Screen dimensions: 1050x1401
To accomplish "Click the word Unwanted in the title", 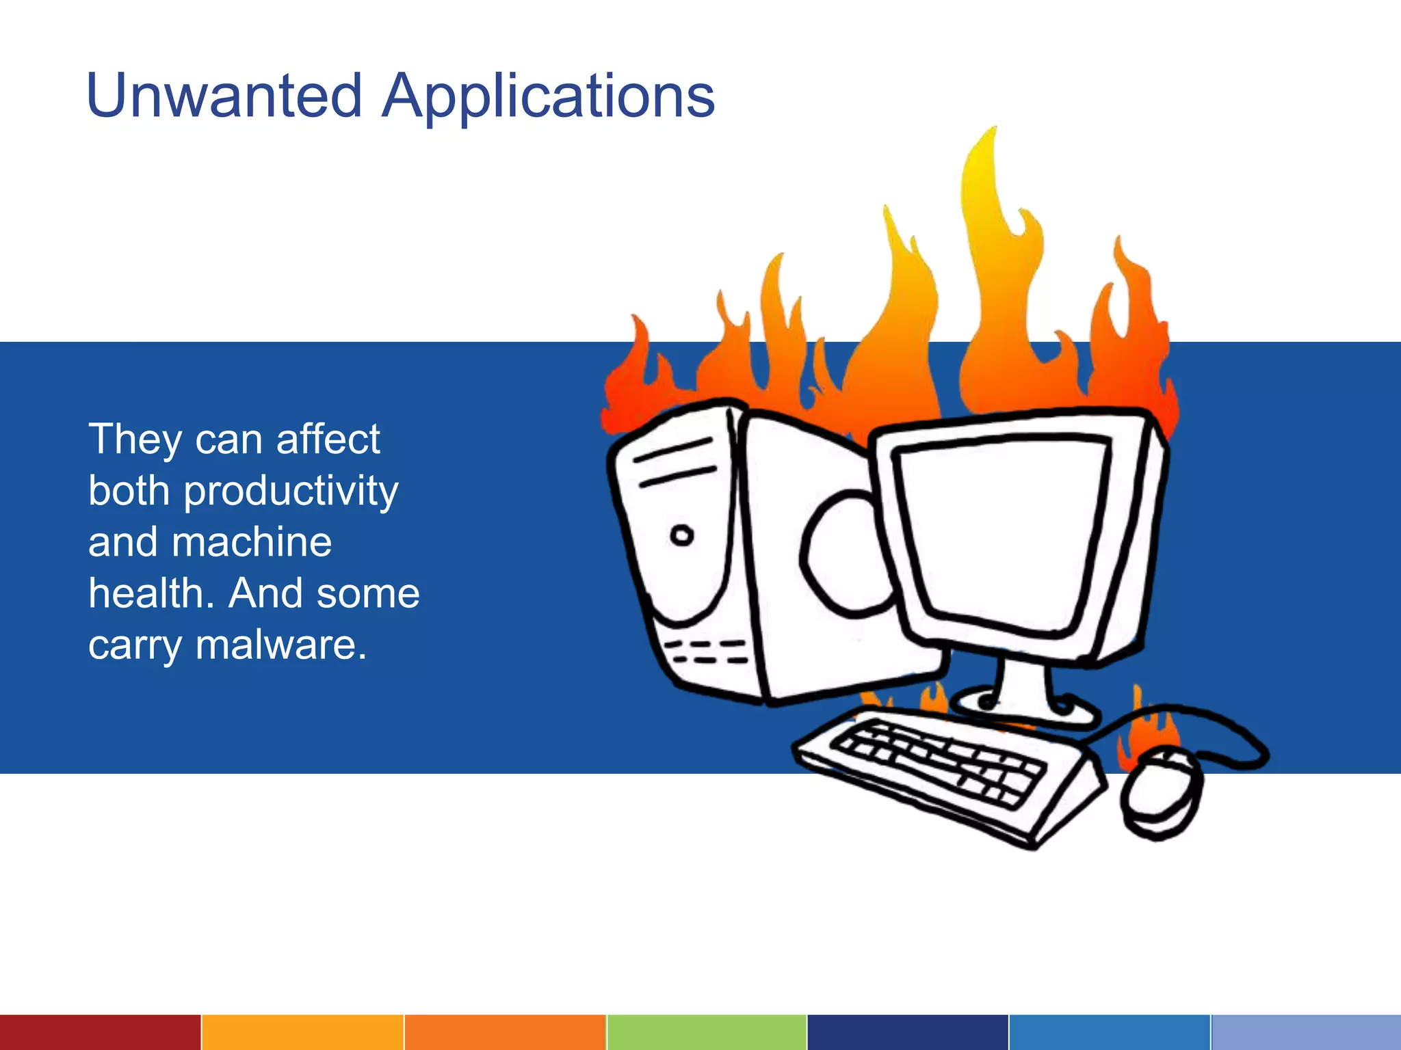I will tap(224, 96).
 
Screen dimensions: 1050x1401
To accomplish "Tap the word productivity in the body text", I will tap(291, 492).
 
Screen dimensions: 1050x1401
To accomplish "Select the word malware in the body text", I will tap(281, 645).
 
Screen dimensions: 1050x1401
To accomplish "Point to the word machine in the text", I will tap(252, 542).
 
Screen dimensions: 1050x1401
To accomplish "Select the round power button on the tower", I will tap(681, 535).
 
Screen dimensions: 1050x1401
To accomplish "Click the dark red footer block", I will tap(100, 1032).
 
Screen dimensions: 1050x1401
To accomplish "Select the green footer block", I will tap(707, 1032).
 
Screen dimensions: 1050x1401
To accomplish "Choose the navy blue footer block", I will tap(907, 1032).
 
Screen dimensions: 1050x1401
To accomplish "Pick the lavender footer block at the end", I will tap(1305, 1032).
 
